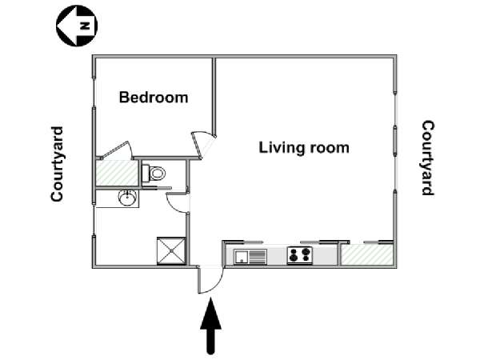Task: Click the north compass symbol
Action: (77, 26)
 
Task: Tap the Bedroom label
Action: (154, 98)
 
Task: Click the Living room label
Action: (304, 147)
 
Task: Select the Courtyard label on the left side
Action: (58, 164)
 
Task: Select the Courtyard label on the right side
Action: (428, 158)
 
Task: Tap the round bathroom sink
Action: (127, 198)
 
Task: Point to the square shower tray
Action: (171, 250)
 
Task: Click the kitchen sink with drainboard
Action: (250, 257)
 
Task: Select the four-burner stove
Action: (300, 255)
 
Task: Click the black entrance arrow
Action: (210, 326)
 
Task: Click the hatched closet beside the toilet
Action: (117, 173)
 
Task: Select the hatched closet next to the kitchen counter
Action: (366, 254)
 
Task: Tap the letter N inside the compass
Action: (85, 26)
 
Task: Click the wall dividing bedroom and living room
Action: (214, 97)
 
